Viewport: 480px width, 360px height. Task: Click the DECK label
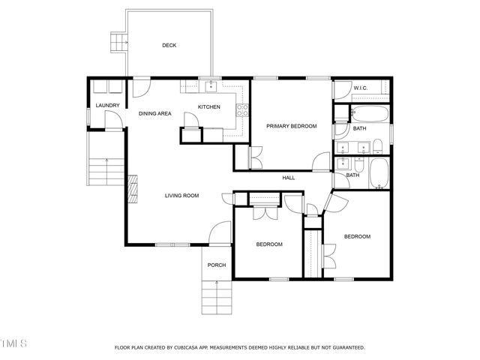tap(169, 45)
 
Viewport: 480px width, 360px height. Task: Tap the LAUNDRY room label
tap(107, 105)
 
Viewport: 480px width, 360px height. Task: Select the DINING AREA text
tap(155, 113)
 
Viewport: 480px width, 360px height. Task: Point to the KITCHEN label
tap(208, 107)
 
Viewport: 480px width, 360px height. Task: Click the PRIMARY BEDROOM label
tap(292, 126)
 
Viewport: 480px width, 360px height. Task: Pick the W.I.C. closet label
tap(360, 89)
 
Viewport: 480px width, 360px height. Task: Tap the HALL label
tap(289, 178)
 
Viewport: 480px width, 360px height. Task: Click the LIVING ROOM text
tap(181, 196)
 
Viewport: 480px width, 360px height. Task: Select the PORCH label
tap(217, 265)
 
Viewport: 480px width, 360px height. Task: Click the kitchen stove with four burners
tap(242, 110)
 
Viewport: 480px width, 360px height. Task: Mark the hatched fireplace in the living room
tap(133, 184)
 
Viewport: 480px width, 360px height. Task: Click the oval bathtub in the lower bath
tap(379, 174)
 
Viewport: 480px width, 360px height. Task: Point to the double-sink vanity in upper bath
tap(352, 146)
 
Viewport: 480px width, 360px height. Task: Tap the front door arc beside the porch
tap(218, 234)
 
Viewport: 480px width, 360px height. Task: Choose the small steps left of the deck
tap(118, 43)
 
